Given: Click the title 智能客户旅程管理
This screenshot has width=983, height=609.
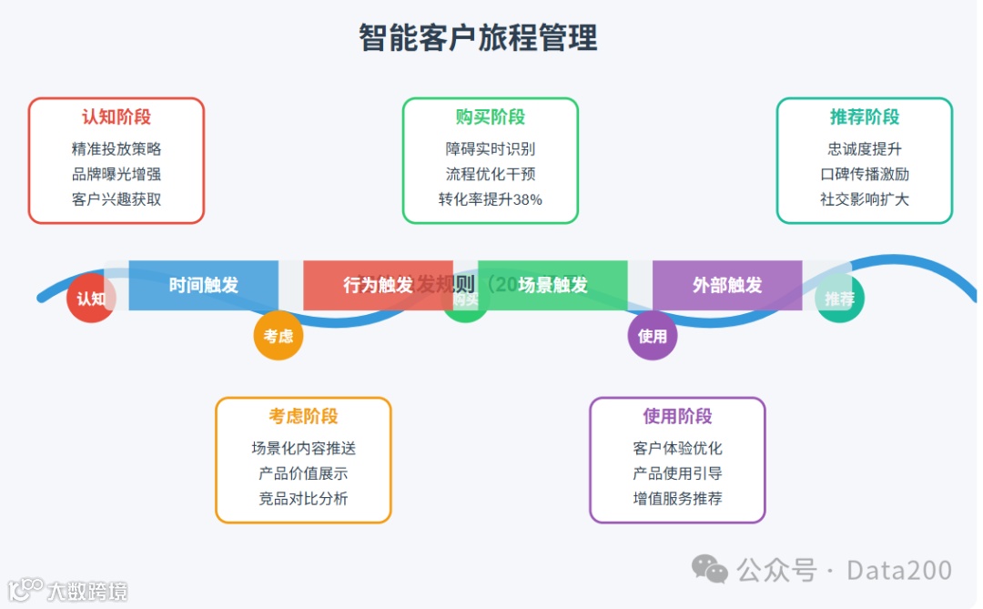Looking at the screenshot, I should (478, 38).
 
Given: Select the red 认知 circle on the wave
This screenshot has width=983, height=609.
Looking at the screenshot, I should (90, 299).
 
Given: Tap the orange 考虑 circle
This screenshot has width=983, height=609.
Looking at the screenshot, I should (278, 336).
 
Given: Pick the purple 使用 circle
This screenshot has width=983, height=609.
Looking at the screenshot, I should (652, 336).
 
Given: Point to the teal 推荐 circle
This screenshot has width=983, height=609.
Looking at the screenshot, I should (839, 299).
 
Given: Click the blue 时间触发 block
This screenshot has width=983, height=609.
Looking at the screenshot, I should (204, 285).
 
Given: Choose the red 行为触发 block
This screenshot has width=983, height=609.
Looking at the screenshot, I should (378, 285).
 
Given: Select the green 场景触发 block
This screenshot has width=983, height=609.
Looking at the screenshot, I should (552, 285).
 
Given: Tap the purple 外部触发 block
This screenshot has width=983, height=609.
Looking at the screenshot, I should (727, 285).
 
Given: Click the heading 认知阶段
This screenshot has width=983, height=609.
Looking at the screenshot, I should (117, 117).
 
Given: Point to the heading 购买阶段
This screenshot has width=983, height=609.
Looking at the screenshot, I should (491, 117).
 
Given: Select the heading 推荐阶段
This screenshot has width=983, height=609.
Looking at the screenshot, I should (865, 117).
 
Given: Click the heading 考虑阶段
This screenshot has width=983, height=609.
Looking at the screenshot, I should (303, 417).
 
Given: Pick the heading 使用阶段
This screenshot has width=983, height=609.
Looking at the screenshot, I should (677, 417).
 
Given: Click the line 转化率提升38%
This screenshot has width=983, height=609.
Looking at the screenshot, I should (491, 199).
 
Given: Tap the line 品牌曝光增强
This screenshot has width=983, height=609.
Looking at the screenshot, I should (117, 174).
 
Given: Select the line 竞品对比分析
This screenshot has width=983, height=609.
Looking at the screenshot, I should (303, 499).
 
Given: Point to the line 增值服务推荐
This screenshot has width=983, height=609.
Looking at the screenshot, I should (677, 499).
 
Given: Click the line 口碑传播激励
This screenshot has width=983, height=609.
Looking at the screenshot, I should (865, 174).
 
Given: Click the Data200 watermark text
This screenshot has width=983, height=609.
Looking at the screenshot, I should (899, 571).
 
